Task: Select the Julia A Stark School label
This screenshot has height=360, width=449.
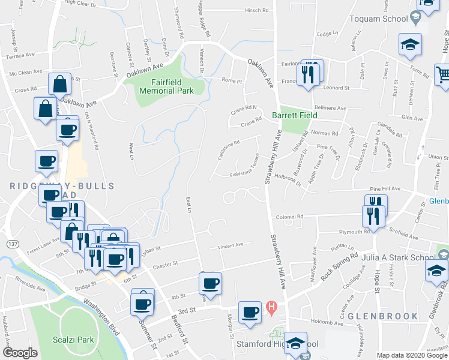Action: point(398,258)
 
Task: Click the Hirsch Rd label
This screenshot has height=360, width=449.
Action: point(256,10)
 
